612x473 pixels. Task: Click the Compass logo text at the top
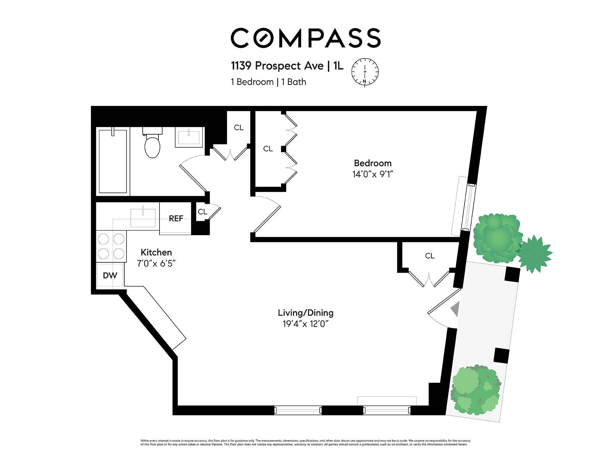(305, 38)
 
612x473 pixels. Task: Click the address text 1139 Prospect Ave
(277, 66)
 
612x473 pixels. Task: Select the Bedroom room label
(373, 163)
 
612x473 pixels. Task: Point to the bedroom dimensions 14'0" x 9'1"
(373, 174)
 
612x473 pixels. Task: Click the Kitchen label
(156, 252)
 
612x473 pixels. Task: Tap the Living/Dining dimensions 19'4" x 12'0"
(306, 324)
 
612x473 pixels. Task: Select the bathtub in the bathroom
(112, 161)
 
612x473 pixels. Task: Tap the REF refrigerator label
(176, 218)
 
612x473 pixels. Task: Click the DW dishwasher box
(110, 275)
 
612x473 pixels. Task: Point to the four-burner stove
(111, 246)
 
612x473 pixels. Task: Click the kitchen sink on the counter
(143, 217)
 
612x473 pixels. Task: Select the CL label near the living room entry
(430, 256)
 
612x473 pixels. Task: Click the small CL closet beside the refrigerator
(202, 212)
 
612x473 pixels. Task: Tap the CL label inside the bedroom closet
(268, 149)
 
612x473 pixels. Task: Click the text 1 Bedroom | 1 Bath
(268, 82)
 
